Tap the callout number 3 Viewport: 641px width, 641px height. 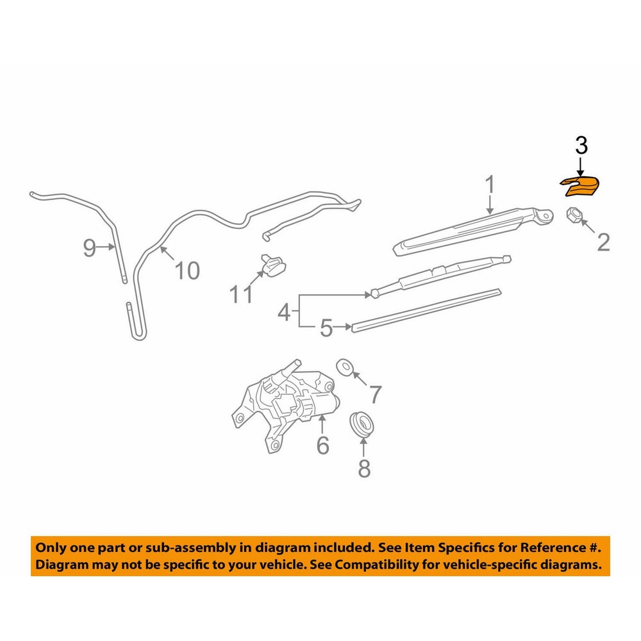[581, 146]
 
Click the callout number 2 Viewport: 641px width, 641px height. [603, 242]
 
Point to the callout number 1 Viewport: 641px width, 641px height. [490, 185]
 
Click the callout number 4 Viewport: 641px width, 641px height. [284, 313]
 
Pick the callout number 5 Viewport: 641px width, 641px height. [326, 328]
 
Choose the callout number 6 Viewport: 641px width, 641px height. [322, 445]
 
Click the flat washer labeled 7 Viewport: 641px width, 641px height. [345, 367]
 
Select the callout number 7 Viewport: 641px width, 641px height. [376, 394]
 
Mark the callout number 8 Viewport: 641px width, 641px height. [364, 469]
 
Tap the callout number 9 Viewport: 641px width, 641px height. [90, 247]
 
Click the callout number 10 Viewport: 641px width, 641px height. [187, 271]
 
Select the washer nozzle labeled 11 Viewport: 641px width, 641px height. [272, 265]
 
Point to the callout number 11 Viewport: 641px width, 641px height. [241, 294]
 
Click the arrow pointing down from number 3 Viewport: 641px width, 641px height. [581, 169]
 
